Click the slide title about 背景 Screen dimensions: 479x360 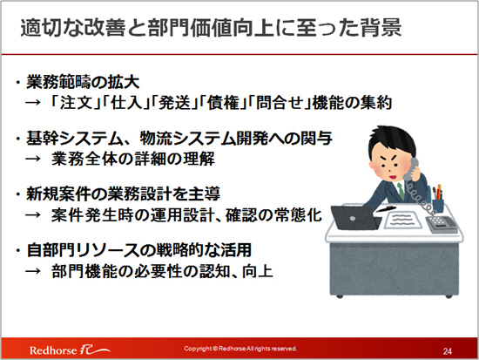coord(211,28)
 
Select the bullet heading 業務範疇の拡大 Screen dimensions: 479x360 coord(83,82)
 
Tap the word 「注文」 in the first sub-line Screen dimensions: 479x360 coord(76,103)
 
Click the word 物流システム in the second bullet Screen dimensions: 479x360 coord(188,139)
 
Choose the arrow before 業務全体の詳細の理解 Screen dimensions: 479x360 coord(33,159)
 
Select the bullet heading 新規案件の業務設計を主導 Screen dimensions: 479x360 coord(123,194)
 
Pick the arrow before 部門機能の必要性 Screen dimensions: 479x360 coord(33,271)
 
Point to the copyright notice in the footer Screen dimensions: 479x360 coord(240,349)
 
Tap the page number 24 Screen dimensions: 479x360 coord(448,351)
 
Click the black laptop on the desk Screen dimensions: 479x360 coord(356,217)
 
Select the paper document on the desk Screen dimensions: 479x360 coord(402,220)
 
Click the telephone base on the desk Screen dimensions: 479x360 coord(442,225)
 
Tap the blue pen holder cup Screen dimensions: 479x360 coord(438,205)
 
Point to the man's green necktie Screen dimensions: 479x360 coord(401,191)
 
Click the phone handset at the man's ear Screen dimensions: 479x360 coord(411,169)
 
